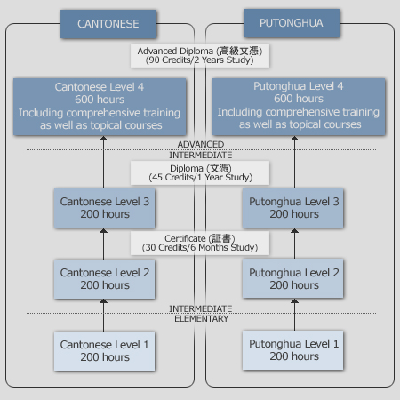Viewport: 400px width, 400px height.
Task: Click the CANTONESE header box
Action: pyautogui.click(x=108, y=24)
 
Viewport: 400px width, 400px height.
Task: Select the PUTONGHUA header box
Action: pyautogui.click(x=292, y=23)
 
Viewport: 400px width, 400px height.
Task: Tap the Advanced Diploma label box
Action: pyautogui.click(x=200, y=56)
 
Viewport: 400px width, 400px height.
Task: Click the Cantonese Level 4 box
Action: pyautogui.click(x=100, y=107)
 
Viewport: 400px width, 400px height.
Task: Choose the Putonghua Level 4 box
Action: pyautogui.click(x=299, y=107)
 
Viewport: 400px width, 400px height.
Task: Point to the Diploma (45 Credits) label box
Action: pyautogui.click(x=200, y=173)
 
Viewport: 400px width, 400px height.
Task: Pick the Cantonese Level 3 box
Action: pyautogui.click(x=104, y=208)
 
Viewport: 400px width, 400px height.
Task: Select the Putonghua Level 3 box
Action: pyautogui.click(x=292, y=208)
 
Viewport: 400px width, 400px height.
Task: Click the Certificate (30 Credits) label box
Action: pyautogui.click(x=200, y=243)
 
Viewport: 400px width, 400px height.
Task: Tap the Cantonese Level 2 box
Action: pyautogui.click(x=104, y=279)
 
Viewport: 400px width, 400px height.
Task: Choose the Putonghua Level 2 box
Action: pyautogui.click(x=292, y=278)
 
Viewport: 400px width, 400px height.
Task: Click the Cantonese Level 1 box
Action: pyautogui.click(x=104, y=351)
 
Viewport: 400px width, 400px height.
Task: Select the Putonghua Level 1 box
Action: pyautogui.click(x=292, y=350)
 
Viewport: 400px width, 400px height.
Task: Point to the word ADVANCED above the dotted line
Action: pyautogui.click(x=201, y=145)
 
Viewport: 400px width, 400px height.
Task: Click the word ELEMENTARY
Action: pyautogui.click(x=202, y=319)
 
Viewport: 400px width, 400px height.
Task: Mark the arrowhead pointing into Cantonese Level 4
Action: pyautogui.click(x=103, y=138)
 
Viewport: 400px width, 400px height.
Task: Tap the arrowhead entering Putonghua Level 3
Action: pyautogui.click(x=294, y=230)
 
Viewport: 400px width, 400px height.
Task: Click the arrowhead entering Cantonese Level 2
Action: pyautogui.click(x=103, y=301)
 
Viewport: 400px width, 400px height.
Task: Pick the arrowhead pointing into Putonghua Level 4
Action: pyautogui.click(x=294, y=138)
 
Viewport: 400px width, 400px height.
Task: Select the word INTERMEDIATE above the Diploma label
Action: pyautogui.click(x=201, y=156)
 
